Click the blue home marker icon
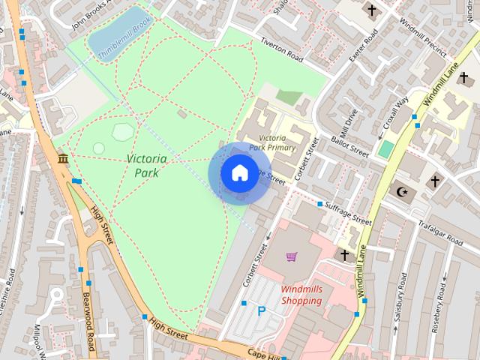click(238, 173)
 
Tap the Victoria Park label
click(146, 166)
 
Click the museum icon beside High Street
click(63, 159)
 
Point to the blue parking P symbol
click(261, 311)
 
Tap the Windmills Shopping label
click(301, 295)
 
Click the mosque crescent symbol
click(403, 193)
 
